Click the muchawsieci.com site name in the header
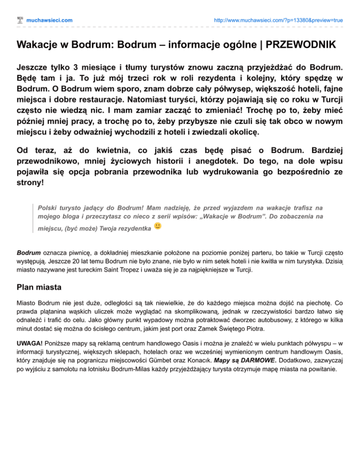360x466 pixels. pyautogui.click(x=49, y=20)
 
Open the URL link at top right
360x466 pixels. pyautogui.click(x=278, y=20)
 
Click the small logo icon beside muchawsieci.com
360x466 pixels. pyautogui.click(x=20, y=20)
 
